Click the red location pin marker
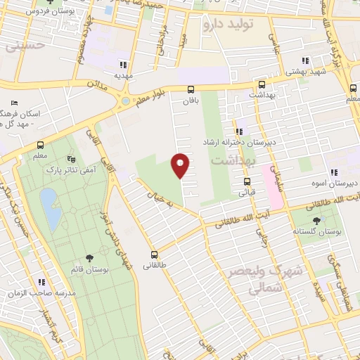[x=181, y=165]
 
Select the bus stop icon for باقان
[x=191, y=89]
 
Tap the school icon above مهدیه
[x=124, y=63]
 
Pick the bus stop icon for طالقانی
[x=153, y=255]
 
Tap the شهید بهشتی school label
[x=305, y=72]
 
